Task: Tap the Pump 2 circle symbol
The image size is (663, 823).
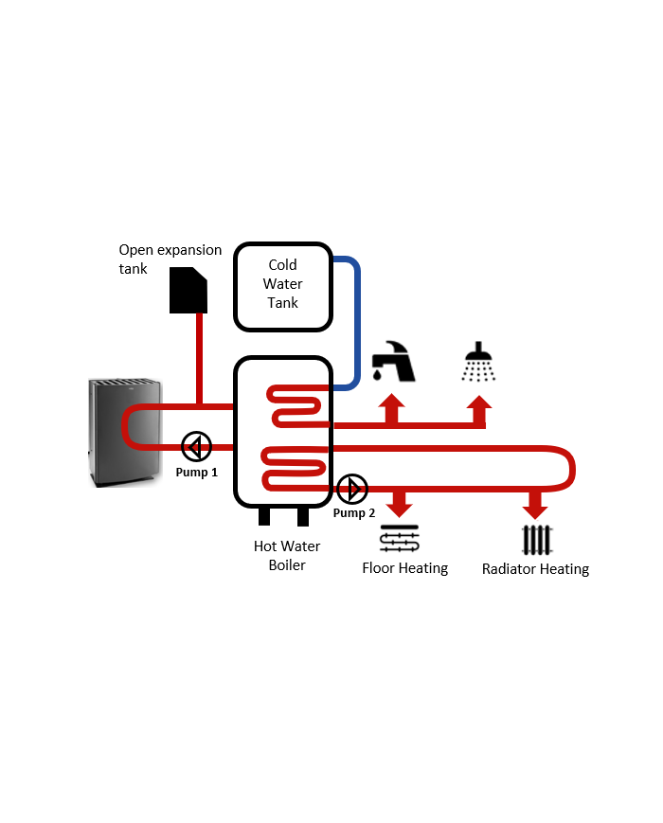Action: point(352,490)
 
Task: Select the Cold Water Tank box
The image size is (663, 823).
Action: point(282,287)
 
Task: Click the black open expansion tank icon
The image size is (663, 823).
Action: point(188,290)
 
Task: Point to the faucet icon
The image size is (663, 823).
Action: point(393,361)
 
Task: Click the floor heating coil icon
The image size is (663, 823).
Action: point(399,540)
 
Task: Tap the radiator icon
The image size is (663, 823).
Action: point(536,540)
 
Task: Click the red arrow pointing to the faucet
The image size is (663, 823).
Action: point(391,409)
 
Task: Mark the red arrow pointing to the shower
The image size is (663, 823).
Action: point(479,409)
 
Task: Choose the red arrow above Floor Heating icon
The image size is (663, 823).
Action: point(400,503)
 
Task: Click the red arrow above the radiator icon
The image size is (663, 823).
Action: point(535,503)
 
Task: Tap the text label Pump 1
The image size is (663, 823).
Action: point(196,472)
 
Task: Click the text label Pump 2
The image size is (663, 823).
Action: point(353,513)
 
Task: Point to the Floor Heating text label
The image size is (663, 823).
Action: point(404,568)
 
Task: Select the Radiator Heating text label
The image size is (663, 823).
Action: point(535,569)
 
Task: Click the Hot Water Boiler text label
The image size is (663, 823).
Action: point(287,556)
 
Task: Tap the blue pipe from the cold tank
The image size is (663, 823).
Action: point(356,322)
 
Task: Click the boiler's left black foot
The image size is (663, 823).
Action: point(265,516)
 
